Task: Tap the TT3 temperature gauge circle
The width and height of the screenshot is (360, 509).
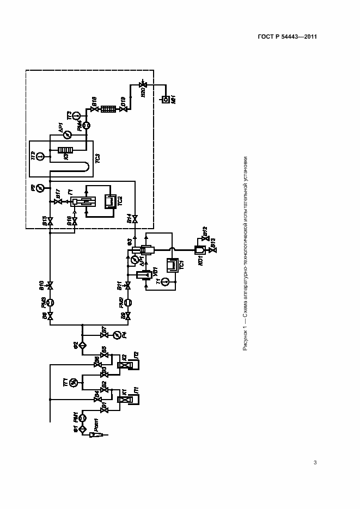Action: (x=76, y=115)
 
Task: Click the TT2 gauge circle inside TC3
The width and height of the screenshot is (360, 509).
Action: (x=41, y=157)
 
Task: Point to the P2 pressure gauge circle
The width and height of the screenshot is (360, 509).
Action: (x=41, y=188)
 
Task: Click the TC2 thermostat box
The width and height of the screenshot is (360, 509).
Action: (x=110, y=201)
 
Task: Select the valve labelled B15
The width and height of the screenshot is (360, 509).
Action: (x=50, y=222)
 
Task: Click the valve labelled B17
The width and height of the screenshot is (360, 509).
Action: (x=58, y=201)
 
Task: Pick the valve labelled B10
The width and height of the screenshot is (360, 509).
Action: (x=50, y=285)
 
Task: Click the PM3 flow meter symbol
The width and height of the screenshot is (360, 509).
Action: (x=50, y=302)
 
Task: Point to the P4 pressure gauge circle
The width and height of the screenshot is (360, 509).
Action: (x=114, y=333)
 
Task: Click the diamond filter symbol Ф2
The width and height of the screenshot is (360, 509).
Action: (x=83, y=345)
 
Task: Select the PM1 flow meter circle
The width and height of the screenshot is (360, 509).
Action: (x=83, y=418)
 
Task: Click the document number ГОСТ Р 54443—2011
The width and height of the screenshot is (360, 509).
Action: (x=288, y=36)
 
